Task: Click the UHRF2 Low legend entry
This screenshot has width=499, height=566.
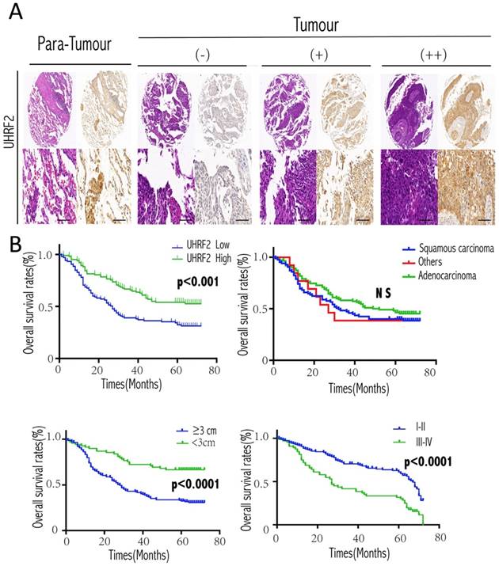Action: (200, 246)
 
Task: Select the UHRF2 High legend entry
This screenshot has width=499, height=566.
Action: (200, 259)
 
